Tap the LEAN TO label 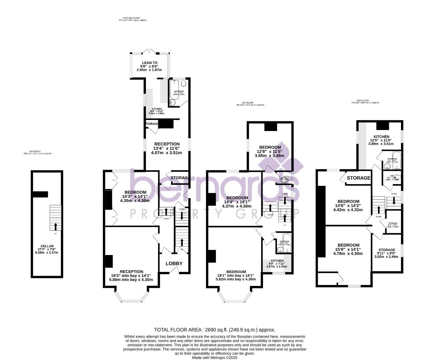(150, 63)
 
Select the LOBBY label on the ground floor (174, 263)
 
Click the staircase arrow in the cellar (55, 226)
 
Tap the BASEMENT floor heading (38, 152)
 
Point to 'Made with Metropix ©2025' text (215, 358)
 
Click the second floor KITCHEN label (381, 137)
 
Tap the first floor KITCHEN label (277, 261)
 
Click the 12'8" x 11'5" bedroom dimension (270, 151)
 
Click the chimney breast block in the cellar (40, 194)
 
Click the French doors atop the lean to (150, 51)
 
